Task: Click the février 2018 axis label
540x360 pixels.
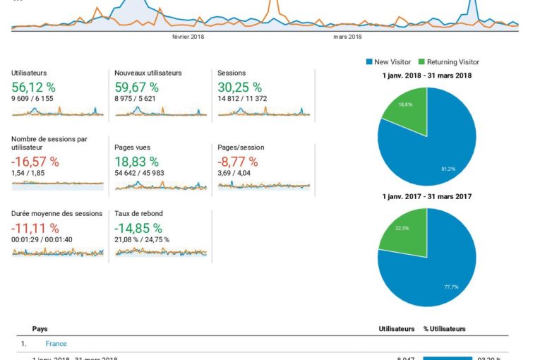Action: click(188, 37)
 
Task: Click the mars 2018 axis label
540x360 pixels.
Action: click(347, 37)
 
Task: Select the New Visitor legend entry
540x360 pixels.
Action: click(391, 62)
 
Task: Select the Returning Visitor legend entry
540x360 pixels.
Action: click(452, 62)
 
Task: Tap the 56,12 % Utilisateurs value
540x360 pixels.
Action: click(34, 88)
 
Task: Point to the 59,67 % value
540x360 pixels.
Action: click(136, 88)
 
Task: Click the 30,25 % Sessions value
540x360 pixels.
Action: click(239, 88)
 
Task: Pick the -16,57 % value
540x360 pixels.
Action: click(35, 162)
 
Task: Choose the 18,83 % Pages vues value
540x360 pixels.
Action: click(136, 162)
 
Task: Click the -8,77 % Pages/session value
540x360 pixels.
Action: click(238, 162)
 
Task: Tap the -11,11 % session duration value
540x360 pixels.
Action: click(35, 228)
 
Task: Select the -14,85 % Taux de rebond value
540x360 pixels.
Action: click(138, 228)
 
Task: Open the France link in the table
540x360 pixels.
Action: click(56, 344)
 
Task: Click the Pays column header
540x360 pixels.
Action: click(40, 329)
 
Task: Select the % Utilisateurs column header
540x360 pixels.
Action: click(444, 329)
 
